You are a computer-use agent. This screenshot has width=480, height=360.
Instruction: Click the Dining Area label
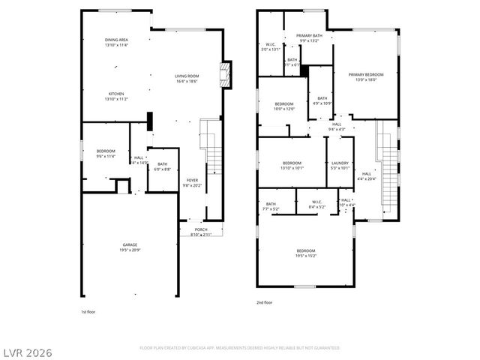(x=116, y=42)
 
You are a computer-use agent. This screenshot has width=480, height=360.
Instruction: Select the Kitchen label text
(x=115, y=96)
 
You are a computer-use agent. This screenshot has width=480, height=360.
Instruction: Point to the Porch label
(x=201, y=232)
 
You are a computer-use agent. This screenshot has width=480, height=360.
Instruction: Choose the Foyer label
(x=193, y=182)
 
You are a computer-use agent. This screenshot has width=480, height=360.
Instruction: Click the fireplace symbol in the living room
(x=223, y=74)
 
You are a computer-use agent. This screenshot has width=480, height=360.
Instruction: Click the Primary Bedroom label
(x=365, y=76)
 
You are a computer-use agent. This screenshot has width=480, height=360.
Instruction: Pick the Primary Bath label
(x=308, y=38)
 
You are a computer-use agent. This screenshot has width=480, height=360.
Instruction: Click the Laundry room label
(x=340, y=165)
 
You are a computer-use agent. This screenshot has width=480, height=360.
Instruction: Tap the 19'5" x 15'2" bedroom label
(x=306, y=253)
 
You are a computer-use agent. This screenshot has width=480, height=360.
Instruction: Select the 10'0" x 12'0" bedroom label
(x=284, y=106)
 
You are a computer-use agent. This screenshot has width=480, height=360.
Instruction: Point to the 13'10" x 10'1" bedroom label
(x=292, y=165)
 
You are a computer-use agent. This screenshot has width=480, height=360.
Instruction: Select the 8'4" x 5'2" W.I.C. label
(x=316, y=204)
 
